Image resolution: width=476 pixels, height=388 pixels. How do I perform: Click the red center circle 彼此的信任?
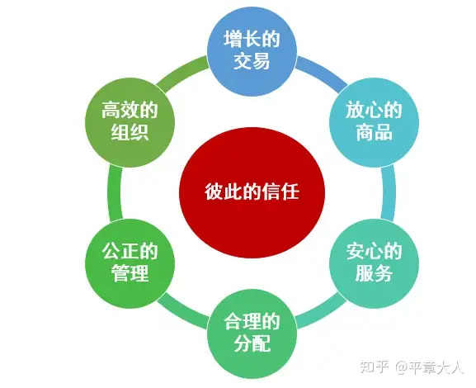click(x=252, y=192)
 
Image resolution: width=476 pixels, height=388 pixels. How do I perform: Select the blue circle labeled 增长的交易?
click(x=252, y=51)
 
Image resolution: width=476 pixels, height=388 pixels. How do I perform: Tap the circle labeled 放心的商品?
click(x=374, y=122)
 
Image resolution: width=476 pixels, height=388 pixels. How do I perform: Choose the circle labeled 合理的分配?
click(x=252, y=334)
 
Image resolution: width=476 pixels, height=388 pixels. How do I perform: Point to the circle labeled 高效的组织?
click(x=130, y=122)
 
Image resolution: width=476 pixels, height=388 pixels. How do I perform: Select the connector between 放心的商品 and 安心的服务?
click(x=389, y=192)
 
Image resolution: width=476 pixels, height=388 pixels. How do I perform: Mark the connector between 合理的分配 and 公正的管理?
click(x=183, y=311)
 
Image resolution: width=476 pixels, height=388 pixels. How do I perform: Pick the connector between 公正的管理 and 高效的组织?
click(x=115, y=192)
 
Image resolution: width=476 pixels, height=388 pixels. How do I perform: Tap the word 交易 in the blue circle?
click(x=252, y=61)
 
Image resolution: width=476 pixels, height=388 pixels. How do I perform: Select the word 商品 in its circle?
click(x=374, y=132)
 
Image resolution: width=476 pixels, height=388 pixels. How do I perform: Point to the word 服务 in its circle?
click(x=374, y=273)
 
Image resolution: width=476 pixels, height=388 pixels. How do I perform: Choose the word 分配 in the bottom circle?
click(x=252, y=344)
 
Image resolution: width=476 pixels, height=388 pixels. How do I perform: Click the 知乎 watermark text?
click(x=375, y=367)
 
